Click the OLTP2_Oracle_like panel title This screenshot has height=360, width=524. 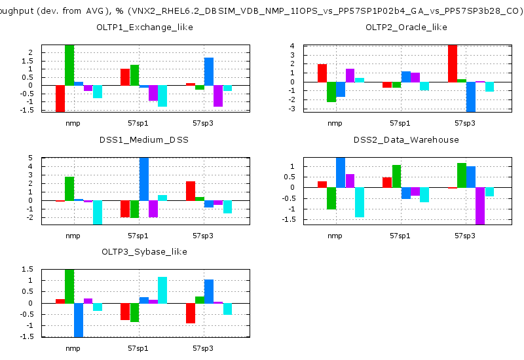[x=406, y=27]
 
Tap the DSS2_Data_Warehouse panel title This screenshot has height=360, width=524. [x=406, y=139]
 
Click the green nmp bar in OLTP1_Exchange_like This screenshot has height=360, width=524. [x=69, y=65]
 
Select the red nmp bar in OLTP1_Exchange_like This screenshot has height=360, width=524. [x=60, y=98]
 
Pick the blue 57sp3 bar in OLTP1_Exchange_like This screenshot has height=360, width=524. [x=209, y=71]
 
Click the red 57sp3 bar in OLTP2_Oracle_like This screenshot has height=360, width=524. [x=453, y=63]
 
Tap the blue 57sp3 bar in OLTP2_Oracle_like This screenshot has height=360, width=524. [x=471, y=97]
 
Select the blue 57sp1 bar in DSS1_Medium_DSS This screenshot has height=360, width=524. [x=144, y=179]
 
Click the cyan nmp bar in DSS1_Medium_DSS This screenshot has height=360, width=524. [x=98, y=212]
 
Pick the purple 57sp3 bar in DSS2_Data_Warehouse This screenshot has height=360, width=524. [x=480, y=206]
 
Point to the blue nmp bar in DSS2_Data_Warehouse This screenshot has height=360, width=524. [x=341, y=172]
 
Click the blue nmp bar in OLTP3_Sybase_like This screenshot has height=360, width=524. [x=79, y=320]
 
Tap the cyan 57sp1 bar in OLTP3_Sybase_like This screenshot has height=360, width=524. [x=162, y=290]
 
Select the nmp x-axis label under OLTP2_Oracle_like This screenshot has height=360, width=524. [x=335, y=123]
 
